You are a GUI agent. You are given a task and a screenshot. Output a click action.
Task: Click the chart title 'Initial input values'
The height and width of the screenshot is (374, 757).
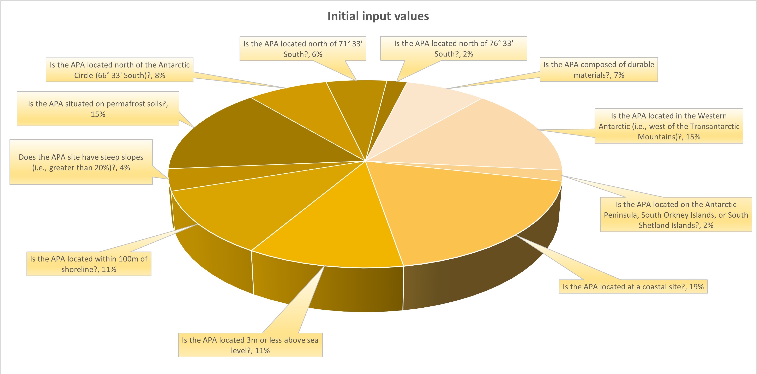378,16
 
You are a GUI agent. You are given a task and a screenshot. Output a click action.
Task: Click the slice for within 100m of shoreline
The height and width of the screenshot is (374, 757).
250,200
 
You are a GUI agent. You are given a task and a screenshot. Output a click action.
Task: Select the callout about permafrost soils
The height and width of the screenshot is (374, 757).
98,109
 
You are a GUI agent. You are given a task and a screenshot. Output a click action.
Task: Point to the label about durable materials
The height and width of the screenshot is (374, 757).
599,70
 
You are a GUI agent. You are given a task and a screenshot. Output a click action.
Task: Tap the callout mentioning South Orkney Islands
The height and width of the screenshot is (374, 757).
676,215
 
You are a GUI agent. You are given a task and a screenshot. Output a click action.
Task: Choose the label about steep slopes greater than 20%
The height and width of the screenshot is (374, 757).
81,162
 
